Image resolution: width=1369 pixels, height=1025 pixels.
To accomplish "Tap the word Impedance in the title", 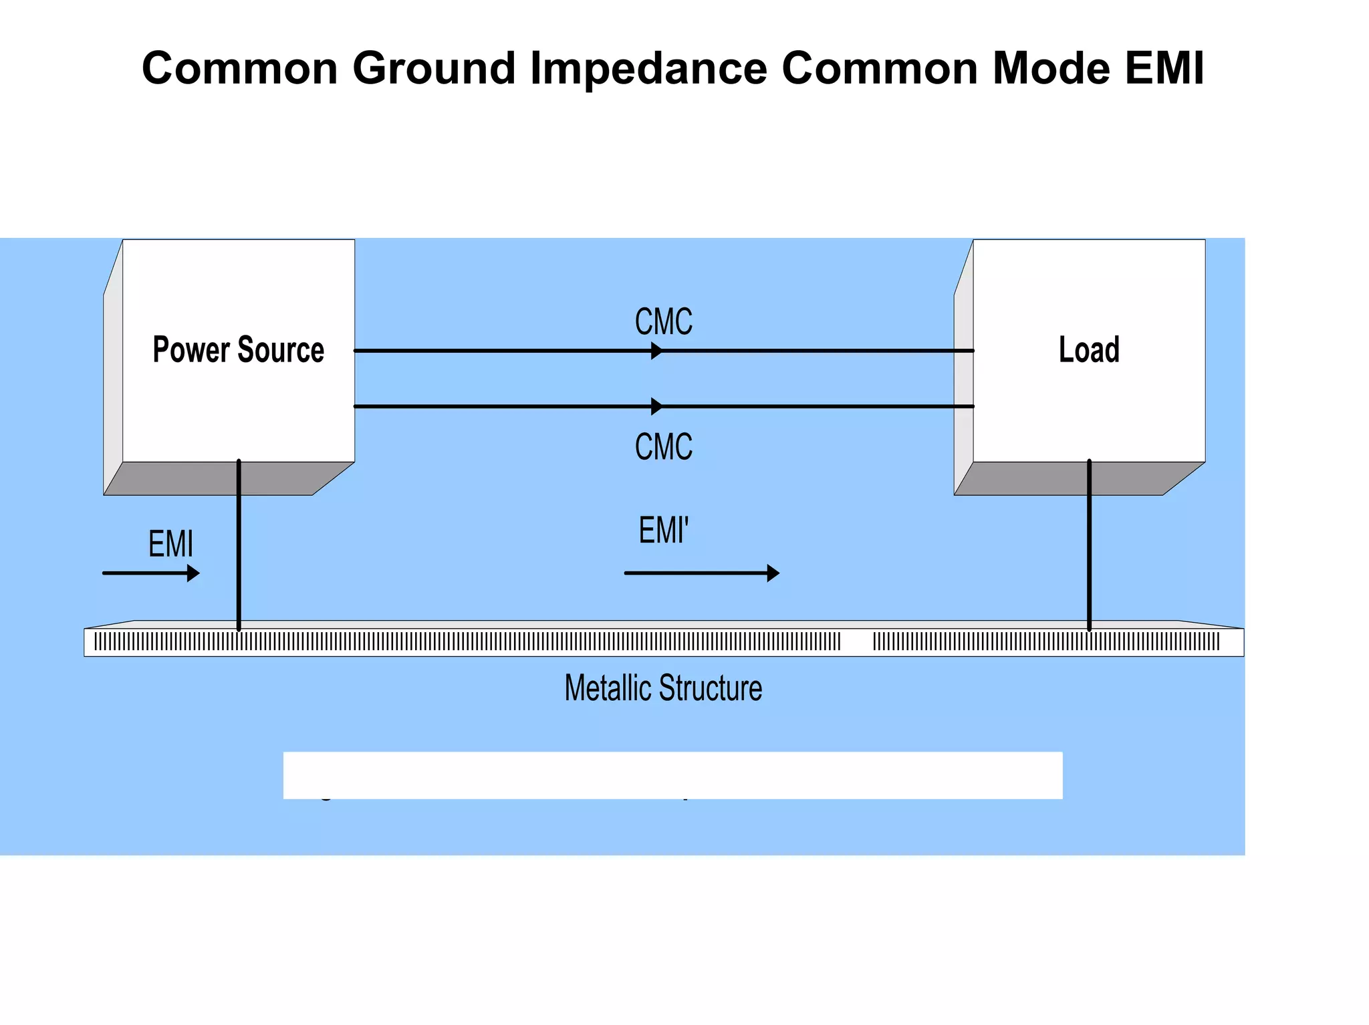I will click(648, 69).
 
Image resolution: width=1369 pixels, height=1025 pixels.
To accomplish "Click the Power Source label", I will click(238, 350).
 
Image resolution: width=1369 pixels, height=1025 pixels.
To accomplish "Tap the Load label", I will click(1089, 350).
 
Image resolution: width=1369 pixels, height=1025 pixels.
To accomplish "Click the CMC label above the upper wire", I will click(663, 321).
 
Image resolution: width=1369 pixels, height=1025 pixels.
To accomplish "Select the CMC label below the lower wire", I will click(663, 446).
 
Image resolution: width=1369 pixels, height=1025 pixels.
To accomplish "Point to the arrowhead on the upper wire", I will click(657, 351).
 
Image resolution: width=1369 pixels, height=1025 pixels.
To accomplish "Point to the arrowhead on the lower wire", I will click(657, 406).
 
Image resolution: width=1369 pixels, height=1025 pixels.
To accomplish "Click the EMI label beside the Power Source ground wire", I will click(170, 543).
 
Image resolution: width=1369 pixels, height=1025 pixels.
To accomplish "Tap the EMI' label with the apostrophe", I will click(663, 531).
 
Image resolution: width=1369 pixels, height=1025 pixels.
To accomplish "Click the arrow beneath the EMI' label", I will click(701, 573).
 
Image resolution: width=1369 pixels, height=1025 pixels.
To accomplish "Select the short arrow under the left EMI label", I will click(151, 573).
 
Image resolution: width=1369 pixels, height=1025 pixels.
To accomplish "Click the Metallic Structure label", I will click(663, 688).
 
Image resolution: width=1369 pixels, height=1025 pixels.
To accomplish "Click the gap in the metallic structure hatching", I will click(857, 642).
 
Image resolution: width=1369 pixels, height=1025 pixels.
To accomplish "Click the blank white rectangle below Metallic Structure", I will click(672, 775).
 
